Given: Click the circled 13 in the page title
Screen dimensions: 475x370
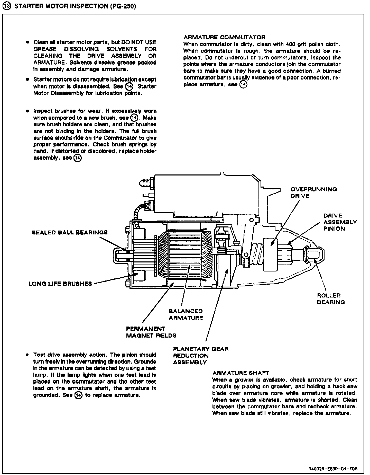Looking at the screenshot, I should tap(8, 6).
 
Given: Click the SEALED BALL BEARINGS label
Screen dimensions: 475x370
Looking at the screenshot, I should tap(69, 232).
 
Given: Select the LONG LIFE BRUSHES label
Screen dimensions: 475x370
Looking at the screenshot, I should tap(60, 284).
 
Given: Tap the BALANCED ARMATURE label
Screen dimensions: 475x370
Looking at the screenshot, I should tap(186, 314).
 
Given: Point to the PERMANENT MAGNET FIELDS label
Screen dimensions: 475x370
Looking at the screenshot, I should tap(151, 332).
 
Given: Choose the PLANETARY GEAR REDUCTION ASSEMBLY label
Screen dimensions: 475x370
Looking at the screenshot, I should tap(200, 356).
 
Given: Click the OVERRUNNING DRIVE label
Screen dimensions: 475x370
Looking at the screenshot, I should tap(313, 192).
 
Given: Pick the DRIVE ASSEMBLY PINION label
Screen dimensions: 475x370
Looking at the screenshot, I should tap(340, 222).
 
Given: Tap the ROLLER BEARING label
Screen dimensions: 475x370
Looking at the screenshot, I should tap(331, 299).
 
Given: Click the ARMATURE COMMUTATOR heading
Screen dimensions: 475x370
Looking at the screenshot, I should tap(224, 37).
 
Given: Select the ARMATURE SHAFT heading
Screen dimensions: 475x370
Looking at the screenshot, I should tap(240, 373).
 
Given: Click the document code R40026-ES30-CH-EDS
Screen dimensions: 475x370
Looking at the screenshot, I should tap(333, 469).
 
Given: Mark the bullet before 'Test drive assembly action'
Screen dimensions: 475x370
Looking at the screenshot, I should tap(27, 355).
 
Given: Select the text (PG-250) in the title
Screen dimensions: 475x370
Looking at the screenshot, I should tap(122, 6).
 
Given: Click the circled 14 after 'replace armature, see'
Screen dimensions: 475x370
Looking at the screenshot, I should tap(243, 84).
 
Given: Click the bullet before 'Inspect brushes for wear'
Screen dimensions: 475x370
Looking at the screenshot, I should tap(27, 111).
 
